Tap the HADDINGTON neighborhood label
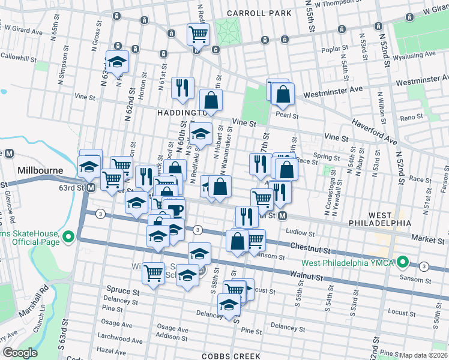[x=180, y=112]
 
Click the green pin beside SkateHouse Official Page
[x=68, y=238]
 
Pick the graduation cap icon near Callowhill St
[x=118, y=61]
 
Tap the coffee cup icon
[x=176, y=210]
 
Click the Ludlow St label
[x=301, y=232]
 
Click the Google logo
[x=20, y=353]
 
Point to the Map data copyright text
[x=424, y=355]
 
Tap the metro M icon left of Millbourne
[x=9, y=154]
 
